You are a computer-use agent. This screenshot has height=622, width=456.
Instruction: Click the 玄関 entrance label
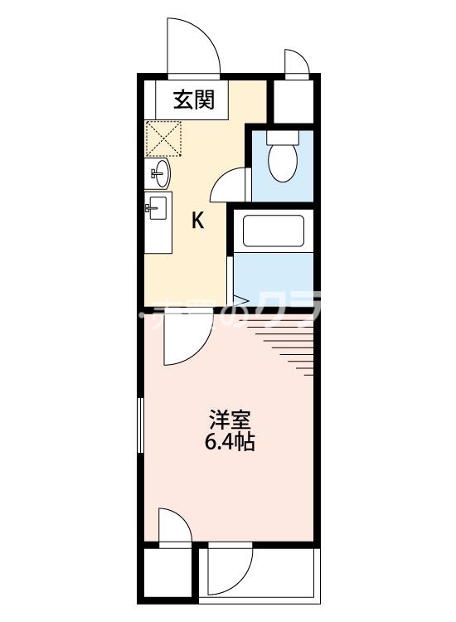[194, 100]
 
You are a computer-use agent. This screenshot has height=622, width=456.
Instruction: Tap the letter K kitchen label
[198, 221]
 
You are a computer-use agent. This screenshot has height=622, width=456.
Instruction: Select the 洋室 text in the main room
[230, 420]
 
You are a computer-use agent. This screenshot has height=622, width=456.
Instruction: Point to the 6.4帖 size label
[230, 442]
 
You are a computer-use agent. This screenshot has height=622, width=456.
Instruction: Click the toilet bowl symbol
[281, 159]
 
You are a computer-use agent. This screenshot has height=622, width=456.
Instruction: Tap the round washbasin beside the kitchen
[160, 173]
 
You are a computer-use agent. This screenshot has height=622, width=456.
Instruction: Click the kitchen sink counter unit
[158, 222]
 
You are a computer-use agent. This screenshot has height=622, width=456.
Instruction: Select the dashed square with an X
[164, 138]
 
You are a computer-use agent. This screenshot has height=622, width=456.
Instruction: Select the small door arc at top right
[294, 64]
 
